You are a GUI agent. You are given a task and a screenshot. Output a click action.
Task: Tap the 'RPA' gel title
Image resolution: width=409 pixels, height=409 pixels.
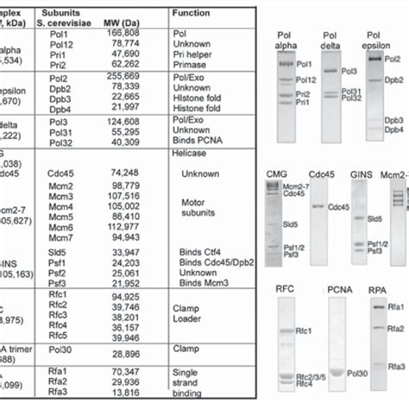pos(381,290)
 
